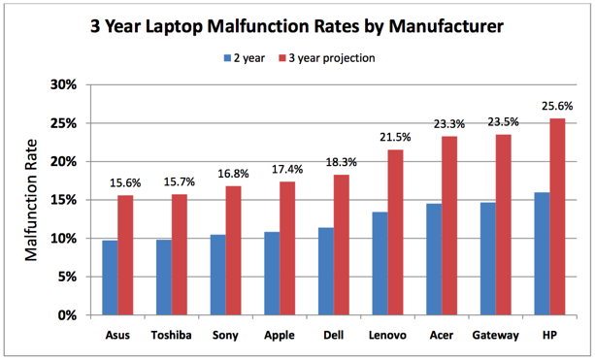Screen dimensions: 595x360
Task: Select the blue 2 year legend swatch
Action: tap(227, 58)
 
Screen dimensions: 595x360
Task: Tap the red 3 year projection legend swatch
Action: tap(281, 58)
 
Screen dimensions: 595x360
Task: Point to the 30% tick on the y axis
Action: tap(64, 84)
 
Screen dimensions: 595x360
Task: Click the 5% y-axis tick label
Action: tap(67, 277)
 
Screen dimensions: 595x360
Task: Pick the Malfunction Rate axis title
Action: tap(31, 200)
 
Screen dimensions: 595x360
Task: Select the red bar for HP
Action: tap(557, 216)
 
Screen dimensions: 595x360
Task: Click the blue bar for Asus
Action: tap(110, 278)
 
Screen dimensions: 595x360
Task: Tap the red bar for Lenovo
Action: tap(395, 232)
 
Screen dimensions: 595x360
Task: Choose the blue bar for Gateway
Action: tap(488, 259)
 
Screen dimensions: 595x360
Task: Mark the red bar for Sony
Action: tap(233, 250)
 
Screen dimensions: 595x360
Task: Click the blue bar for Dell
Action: tap(326, 272)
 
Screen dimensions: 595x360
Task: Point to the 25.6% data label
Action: tap(557, 106)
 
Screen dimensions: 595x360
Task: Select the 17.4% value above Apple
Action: tap(287, 169)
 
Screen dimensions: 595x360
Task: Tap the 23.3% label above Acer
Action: tap(449, 123)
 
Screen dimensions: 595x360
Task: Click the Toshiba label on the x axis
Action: tap(171, 335)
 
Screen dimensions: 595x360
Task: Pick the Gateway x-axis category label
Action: tap(496, 336)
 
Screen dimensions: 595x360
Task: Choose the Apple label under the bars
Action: tap(280, 336)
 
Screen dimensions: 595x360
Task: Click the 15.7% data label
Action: tap(180, 182)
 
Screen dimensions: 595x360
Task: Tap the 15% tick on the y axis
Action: tap(64, 200)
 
